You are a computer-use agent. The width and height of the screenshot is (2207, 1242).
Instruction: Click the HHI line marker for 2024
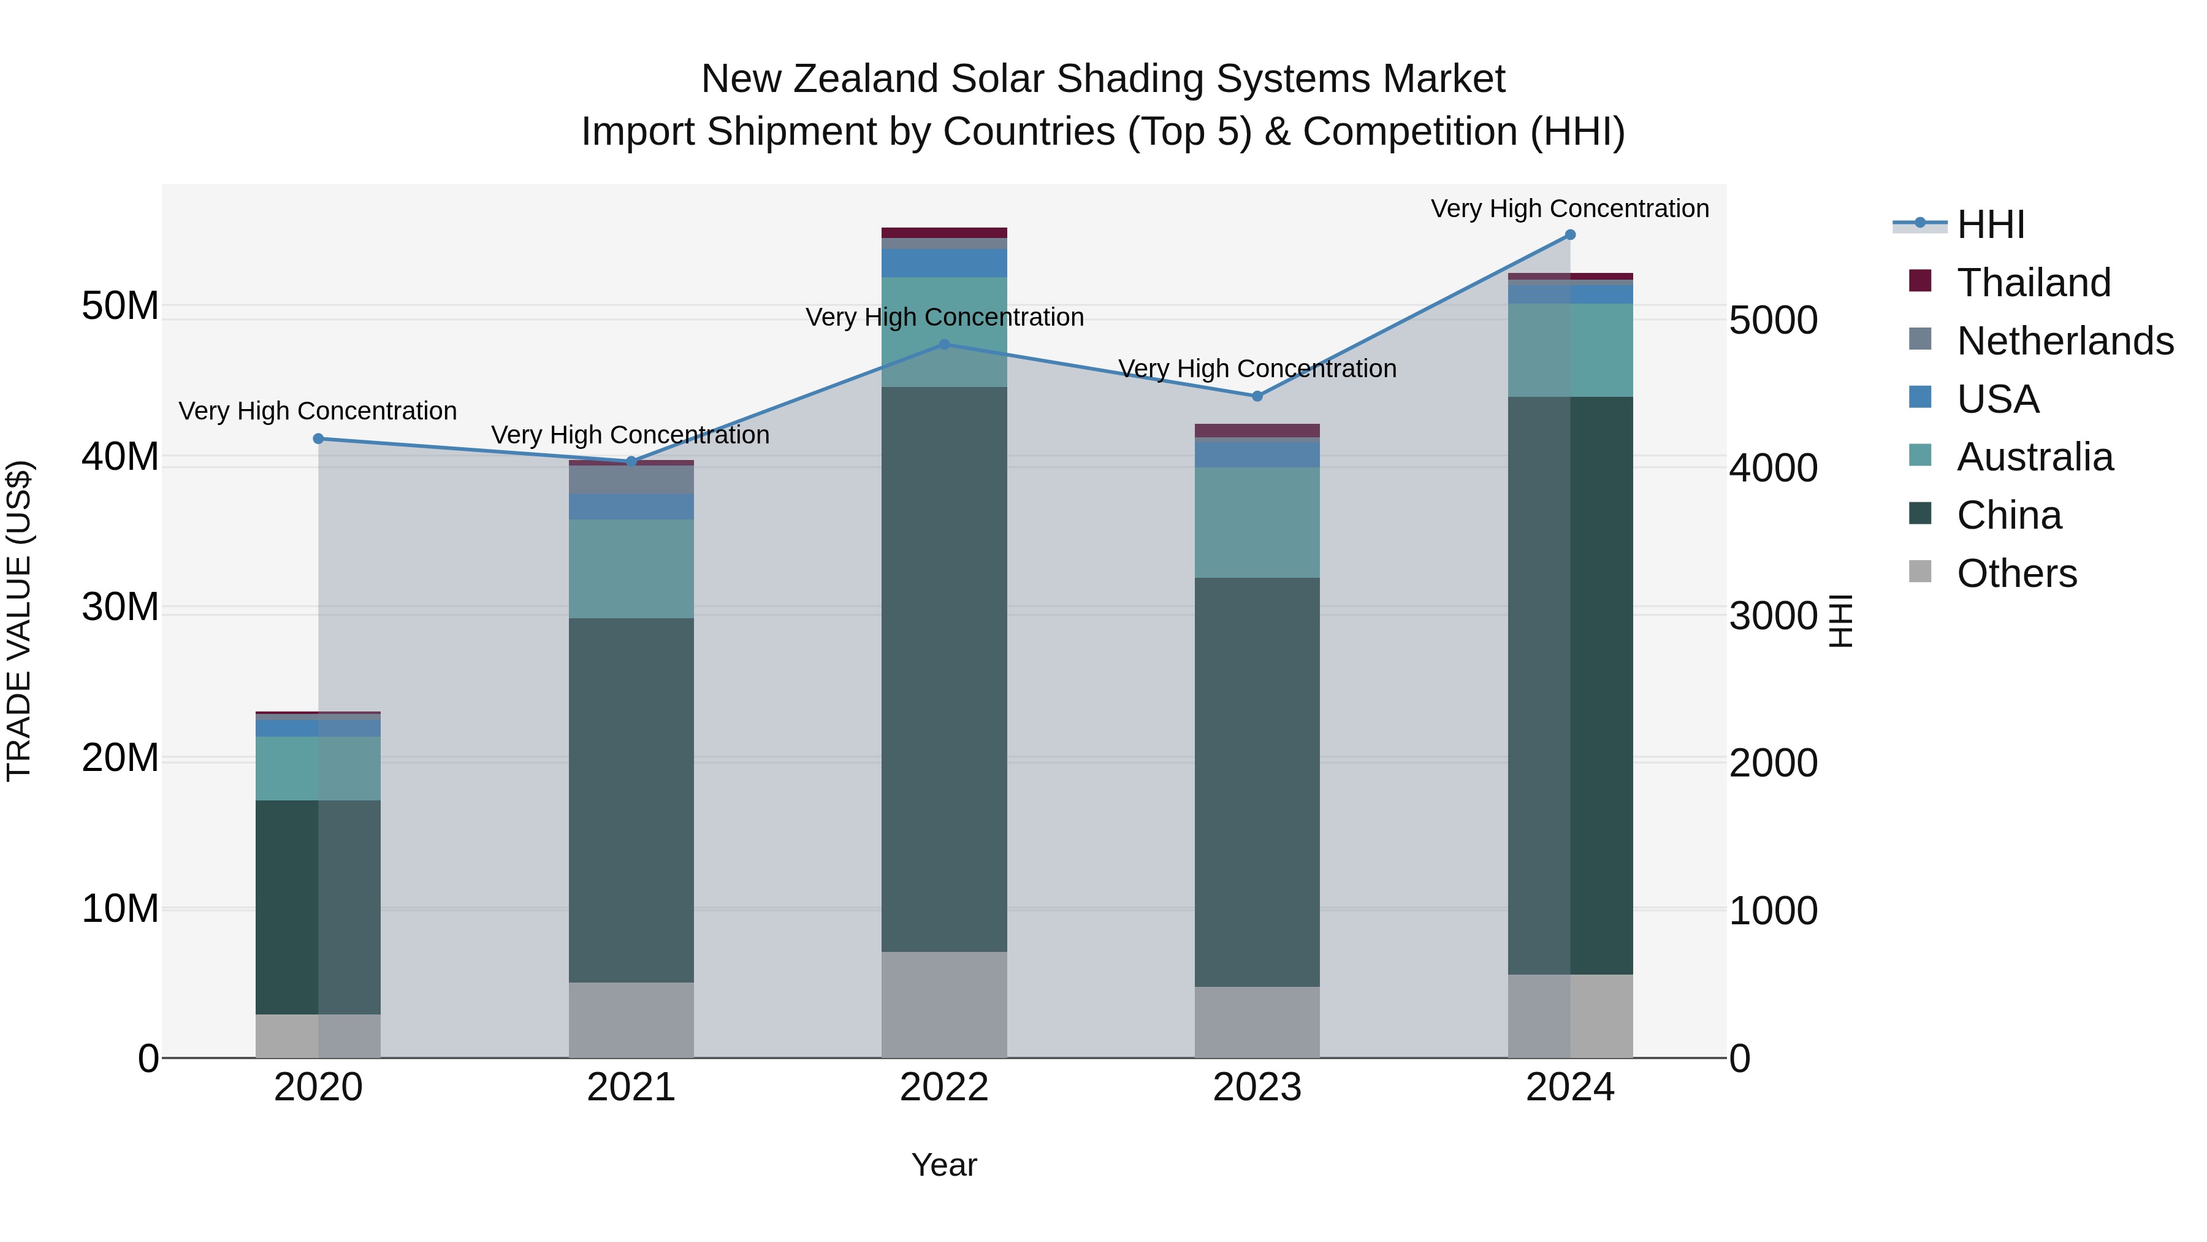(1569, 235)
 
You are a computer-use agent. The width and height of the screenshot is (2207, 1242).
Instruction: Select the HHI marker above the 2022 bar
(944, 345)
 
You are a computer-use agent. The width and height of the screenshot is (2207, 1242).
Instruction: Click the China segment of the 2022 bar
(944, 669)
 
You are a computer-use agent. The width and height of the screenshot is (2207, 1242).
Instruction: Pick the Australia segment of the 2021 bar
(631, 569)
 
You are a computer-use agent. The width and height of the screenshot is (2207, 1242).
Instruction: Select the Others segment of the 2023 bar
(1257, 1022)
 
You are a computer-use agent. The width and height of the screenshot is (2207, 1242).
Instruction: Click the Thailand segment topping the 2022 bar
(944, 233)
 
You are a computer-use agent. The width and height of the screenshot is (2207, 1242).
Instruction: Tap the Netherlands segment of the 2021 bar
(631, 479)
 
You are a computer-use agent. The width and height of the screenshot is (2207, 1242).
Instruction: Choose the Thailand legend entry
(2033, 283)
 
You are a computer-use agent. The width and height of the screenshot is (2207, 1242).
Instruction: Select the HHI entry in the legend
(1990, 224)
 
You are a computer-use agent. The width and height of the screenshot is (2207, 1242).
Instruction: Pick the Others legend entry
(2016, 573)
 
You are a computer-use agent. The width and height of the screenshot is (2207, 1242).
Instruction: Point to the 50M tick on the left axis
(120, 306)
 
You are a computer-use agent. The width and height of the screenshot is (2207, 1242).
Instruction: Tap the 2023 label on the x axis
(1257, 1087)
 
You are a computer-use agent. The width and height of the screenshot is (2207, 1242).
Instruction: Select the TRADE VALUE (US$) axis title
(20, 621)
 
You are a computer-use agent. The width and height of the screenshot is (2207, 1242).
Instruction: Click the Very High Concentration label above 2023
(1257, 369)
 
